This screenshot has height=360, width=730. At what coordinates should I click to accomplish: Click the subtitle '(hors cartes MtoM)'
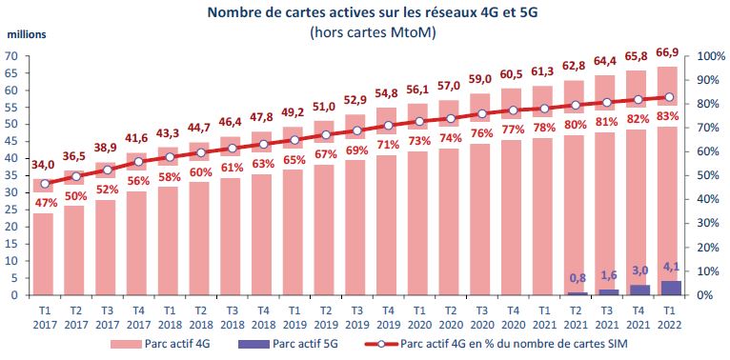364,31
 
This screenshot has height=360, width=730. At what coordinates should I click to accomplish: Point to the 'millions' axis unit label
28,36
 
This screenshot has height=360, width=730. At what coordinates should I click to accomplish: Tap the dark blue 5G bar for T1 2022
670,288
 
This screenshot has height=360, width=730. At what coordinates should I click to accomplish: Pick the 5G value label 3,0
639,271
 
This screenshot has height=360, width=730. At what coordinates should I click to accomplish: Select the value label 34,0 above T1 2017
44,164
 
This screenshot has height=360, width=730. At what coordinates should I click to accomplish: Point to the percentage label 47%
44,203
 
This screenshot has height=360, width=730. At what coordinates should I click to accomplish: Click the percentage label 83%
670,115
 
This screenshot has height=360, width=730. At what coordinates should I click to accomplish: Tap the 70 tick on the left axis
14,56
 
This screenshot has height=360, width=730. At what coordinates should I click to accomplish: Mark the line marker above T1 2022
670,97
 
